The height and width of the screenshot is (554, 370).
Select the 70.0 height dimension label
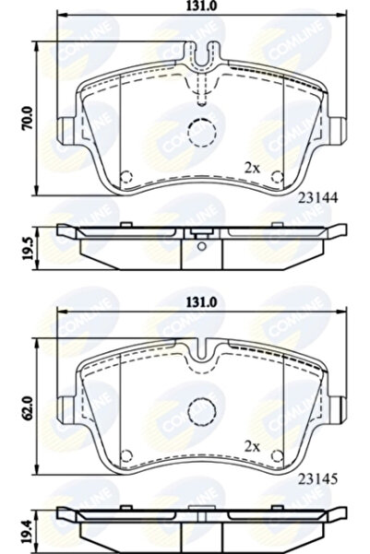pyautogui.click(x=28, y=119)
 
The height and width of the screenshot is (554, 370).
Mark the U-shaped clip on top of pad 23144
pyautogui.click(x=201, y=59)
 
